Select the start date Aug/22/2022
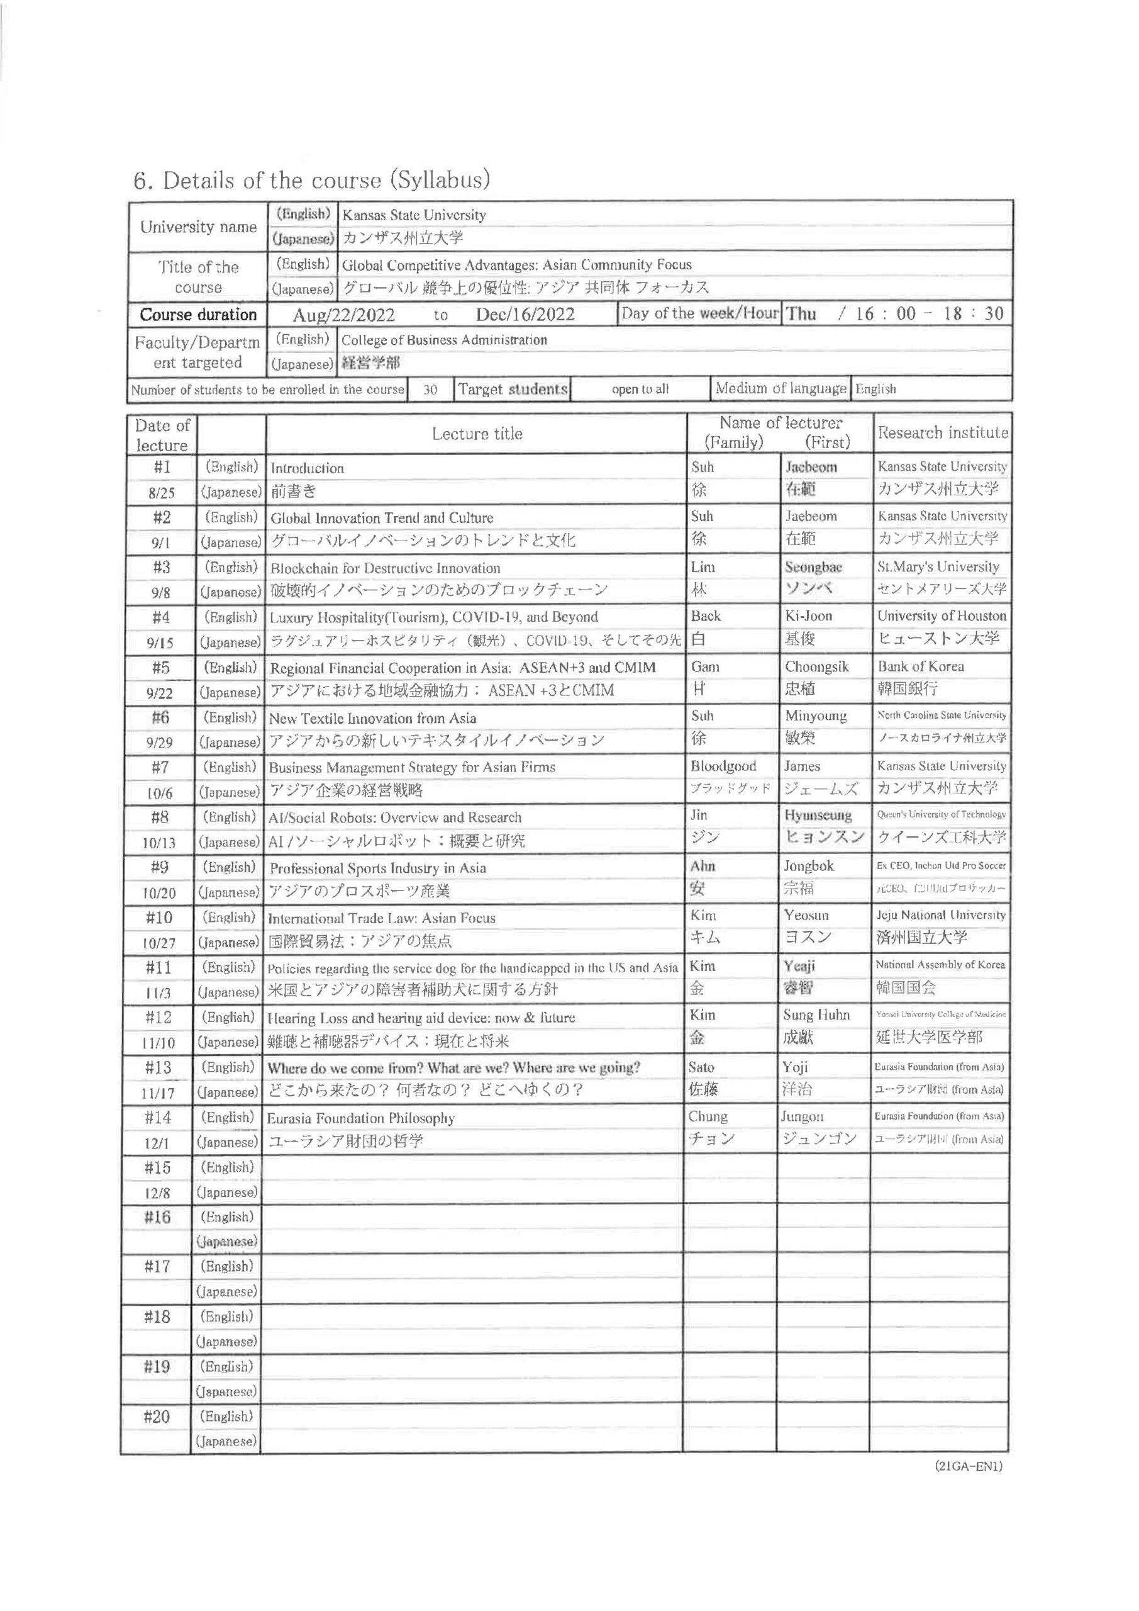343,315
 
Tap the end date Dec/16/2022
525,315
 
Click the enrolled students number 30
430,390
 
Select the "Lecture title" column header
477,434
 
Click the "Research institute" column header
943,433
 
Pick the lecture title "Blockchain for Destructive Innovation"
385,568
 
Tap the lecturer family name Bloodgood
723,766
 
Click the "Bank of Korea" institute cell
920,666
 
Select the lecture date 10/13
160,843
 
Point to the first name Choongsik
816,666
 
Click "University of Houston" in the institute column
942,616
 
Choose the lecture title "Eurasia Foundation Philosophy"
360,1118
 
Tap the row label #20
157,1417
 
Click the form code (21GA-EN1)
969,1466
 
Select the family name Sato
701,1067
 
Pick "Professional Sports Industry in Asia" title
377,868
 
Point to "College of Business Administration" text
444,340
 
